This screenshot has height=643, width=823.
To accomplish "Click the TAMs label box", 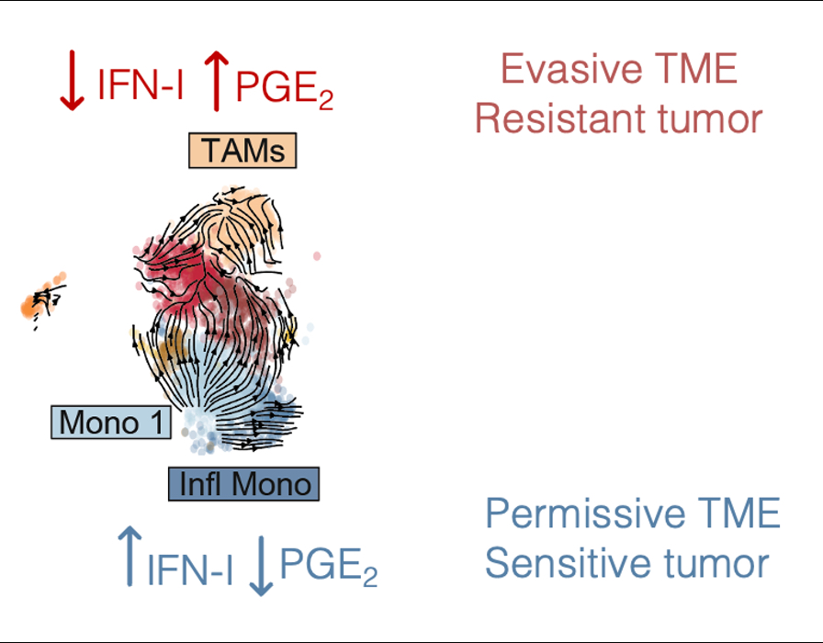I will coord(243,151).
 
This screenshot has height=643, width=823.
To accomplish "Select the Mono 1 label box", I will coord(111,422).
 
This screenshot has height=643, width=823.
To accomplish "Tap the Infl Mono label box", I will coord(243,483).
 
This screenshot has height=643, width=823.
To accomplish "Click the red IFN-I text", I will coord(140,87).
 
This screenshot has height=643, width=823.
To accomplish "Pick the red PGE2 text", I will coord(284,89).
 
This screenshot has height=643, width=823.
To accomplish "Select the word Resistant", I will coord(562,119).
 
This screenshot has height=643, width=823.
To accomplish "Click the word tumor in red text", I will coord(713,119).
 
